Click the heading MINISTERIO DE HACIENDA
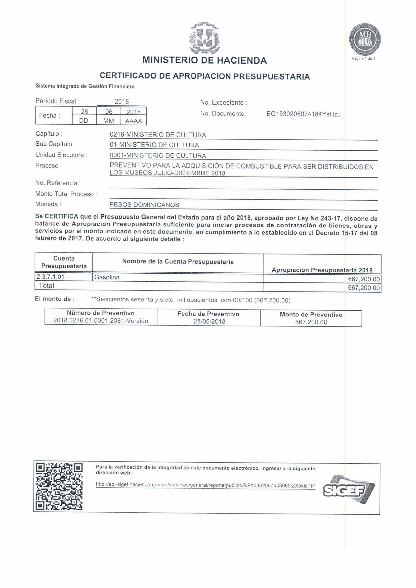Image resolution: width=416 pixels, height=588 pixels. pyautogui.click(x=205, y=60)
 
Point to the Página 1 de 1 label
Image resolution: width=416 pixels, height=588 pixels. pyautogui.click(x=363, y=59)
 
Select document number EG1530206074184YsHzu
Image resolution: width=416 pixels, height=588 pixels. pyautogui.click(x=304, y=114)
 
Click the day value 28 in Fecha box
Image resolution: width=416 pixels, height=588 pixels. pyautogui.click(x=84, y=111)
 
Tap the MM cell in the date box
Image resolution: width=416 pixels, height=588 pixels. pyautogui.click(x=109, y=121)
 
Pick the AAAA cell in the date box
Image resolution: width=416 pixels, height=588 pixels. pyautogui.click(x=134, y=121)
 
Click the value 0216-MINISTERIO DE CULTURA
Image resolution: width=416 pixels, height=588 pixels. pyautogui.click(x=158, y=135)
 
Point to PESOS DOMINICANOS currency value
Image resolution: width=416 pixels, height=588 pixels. pyautogui.click(x=144, y=205)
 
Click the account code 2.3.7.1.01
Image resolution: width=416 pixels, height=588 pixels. pyautogui.click(x=51, y=277)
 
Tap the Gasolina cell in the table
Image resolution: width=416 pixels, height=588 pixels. pyautogui.click(x=107, y=277)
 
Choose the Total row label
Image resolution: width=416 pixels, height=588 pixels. pyautogui.click(x=46, y=286)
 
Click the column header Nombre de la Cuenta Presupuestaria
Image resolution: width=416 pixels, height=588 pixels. pyautogui.click(x=178, y=262)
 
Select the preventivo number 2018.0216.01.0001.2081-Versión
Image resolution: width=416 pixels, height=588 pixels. pyautogui.click(x=101, y=321)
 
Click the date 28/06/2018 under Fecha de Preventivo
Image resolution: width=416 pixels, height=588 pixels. pyautogui.click(x=209, y=321)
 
